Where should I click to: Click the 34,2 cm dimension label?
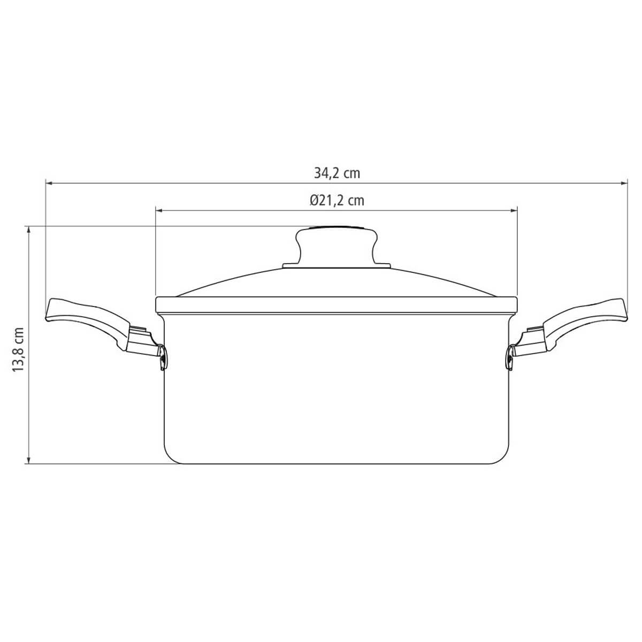pos(337,173)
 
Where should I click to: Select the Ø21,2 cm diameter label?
pos(337,201)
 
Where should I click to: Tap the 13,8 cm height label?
pos(18,350)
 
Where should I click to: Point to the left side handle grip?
pos(87,319)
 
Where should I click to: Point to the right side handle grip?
pos(586,319)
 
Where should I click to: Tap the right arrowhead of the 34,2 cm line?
pos(624,183)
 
